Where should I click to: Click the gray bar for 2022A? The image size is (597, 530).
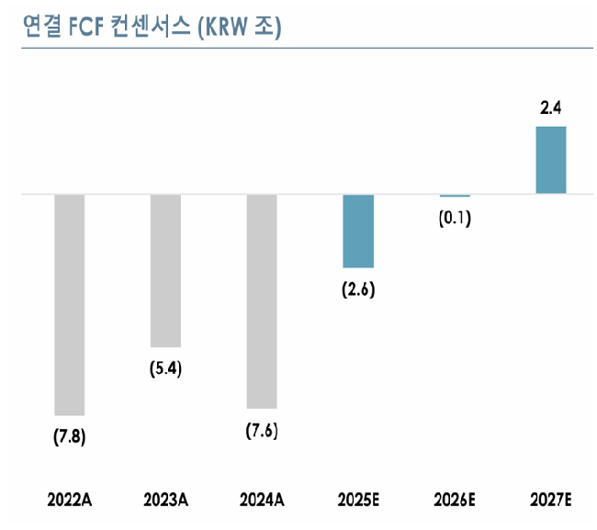pyautogui.click(x=70, y=305)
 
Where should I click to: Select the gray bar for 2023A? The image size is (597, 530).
pyautogui.click(x=165, y=270)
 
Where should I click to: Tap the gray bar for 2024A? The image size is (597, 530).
pyautogui.click(x=262, y=301)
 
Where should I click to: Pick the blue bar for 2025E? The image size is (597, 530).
pyautogui.click(x=358, y=231)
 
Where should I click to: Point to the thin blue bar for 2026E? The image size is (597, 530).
pyautogui.click(x=455, y=196)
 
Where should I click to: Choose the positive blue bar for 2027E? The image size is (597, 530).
pyautogui.click(x=551, y=160)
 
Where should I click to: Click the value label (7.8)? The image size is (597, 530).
pyautogui.click(x=70, y=436)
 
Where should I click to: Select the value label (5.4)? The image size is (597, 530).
pyautogui.click(x=166, y=369)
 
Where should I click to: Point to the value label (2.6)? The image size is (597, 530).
pyautogui.click(x=358, y=289)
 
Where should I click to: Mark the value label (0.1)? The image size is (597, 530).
pyautogui.click(x=455, y=219)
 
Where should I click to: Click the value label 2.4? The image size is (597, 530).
pyautogui.click(x=551, y=108)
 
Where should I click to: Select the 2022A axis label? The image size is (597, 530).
pyautogui.click(x=70, y=500)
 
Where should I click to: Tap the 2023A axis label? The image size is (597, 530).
pyautogui.click(x=166, y=500)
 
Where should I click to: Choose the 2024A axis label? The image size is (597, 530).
pyautogui.click(x=262, y=500)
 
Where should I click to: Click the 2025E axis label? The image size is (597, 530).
pyautogui.click(x=358, y=500)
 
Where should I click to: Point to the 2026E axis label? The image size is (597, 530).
pyautogui.click(x=455, y=500)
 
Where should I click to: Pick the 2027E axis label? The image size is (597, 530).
pyautogui.click(x=551, y=500)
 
